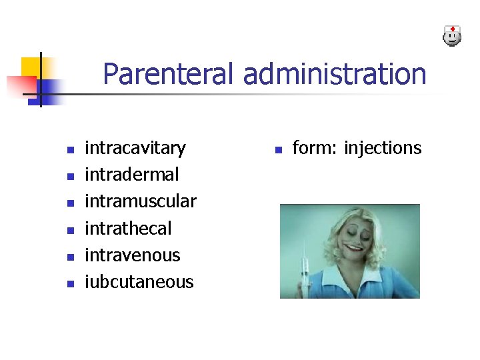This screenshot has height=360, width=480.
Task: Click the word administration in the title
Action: point(335,74)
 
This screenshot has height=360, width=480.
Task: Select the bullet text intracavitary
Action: point(135,148)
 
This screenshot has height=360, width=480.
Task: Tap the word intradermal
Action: point(132,175)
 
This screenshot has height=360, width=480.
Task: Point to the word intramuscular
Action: point(141,201)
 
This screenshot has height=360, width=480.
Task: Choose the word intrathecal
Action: point(128,229)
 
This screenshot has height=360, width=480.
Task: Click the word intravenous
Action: point(133,255)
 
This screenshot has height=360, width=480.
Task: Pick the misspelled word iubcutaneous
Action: point(139,282)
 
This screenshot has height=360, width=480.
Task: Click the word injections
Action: point(383,148)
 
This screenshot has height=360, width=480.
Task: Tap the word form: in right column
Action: point(315,148)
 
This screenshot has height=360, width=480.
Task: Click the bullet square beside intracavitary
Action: point(69,149)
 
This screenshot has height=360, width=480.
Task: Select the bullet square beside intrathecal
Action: point(69,230)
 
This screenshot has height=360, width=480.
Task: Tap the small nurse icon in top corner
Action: point(452,36)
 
